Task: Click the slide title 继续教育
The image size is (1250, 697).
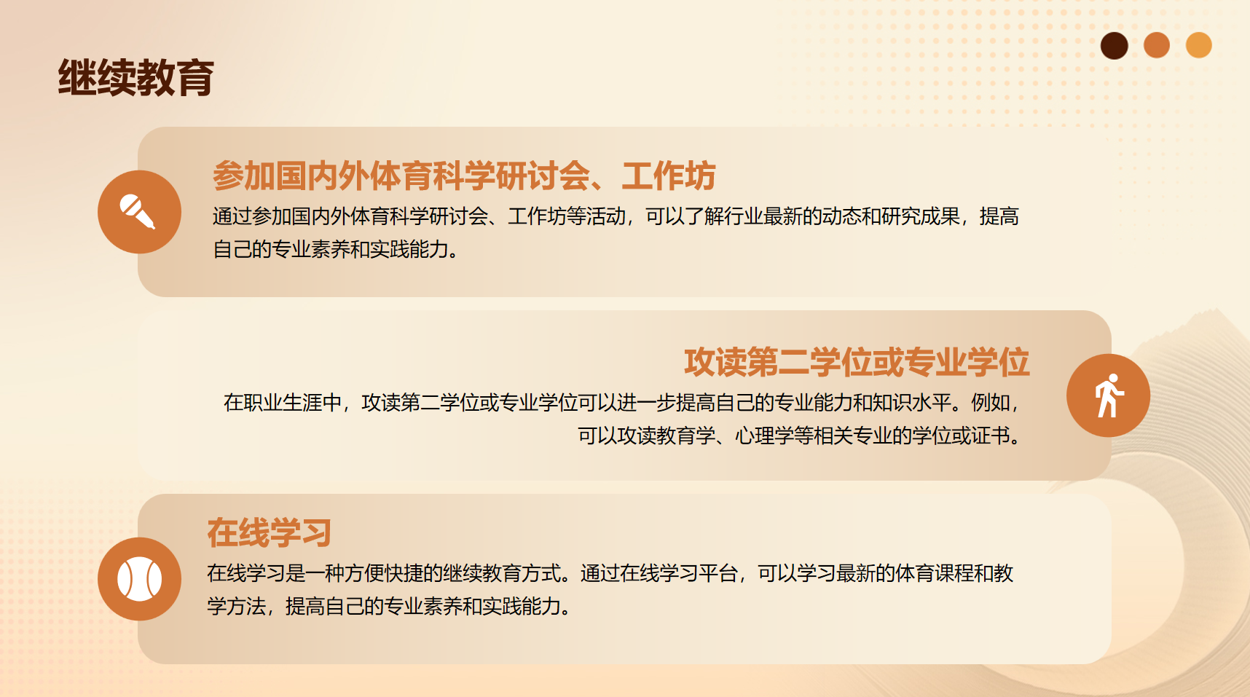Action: [x=136, y=78]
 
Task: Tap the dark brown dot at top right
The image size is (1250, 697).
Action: [x=1115, y=46]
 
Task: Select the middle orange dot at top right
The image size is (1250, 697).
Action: [x=1157, y=45]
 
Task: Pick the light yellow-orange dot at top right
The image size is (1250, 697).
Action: [x=1199, y=45]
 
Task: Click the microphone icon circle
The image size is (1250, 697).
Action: [x=140, y=212]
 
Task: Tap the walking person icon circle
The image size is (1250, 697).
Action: [x=1109, y=395]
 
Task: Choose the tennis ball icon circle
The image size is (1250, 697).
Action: [x=140, y=579]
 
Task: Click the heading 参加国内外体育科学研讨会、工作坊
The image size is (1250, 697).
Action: [x=464, y=176]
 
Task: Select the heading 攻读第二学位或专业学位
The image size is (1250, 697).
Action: [x=857, y=363]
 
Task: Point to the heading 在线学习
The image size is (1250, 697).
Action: [x=270, y=533]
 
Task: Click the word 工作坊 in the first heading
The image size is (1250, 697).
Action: [x=669, y=176]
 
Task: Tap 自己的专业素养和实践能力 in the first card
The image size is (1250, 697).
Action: [x=331, y=250]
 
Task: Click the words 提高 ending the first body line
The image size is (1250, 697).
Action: [x=999, y=216]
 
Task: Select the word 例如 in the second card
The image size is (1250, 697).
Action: [x=991, y=403]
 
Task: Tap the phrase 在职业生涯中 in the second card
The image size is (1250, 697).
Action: [x=283, y=403]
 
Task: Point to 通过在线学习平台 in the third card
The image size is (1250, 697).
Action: [x=659, y=573]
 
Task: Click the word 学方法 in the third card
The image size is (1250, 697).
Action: [x=236, y=607]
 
